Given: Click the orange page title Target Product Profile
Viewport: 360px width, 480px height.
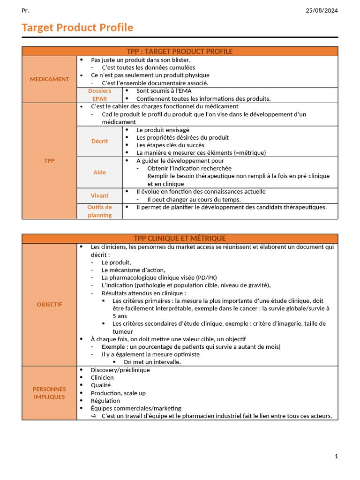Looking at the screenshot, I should click(77, 28).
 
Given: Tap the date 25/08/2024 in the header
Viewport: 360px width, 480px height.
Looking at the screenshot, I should click(322, 11).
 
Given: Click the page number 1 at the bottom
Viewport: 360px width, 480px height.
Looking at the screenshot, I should click(336, 456).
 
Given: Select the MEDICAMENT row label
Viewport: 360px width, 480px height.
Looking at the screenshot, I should click(49, 79).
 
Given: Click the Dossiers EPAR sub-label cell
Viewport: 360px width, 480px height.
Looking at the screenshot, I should click(99, 95).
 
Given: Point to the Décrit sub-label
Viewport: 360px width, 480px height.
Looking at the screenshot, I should click(99, 141).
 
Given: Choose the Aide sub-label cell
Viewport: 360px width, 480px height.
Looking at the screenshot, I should click(99, 172).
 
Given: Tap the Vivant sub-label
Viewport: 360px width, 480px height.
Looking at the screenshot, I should click(99, 195).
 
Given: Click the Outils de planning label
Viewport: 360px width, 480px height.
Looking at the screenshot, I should click(99, 211).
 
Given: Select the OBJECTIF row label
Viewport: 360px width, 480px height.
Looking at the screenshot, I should click(49, 304).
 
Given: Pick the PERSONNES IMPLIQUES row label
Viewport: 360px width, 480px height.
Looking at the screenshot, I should click(49, 393).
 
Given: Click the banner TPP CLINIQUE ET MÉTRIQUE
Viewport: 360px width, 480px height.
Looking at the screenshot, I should click(180, 239).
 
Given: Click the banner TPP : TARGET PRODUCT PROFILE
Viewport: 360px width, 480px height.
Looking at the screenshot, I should click(180, 52).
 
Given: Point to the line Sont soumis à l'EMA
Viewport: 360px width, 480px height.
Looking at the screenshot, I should click(164, 91).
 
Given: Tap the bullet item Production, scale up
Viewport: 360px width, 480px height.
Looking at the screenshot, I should click(118, 393).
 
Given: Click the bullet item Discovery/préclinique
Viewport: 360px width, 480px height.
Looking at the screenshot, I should click(120, 370).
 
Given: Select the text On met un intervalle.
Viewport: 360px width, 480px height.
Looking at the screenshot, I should click(152, 362).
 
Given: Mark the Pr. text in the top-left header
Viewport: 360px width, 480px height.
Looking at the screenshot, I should click(25, 11).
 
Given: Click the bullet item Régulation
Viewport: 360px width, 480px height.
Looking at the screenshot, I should click(105, 401).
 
